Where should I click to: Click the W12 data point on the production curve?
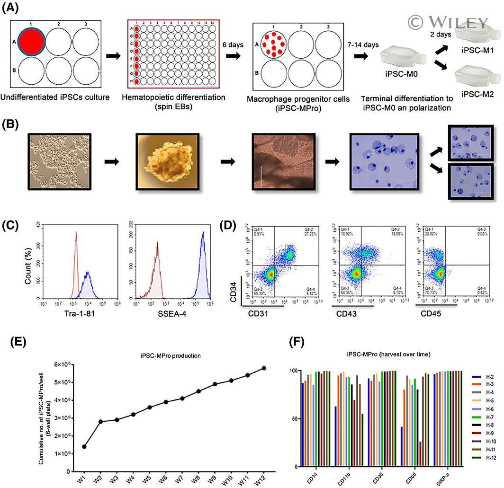pos(264,368)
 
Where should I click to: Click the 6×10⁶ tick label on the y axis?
pos(61,364)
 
